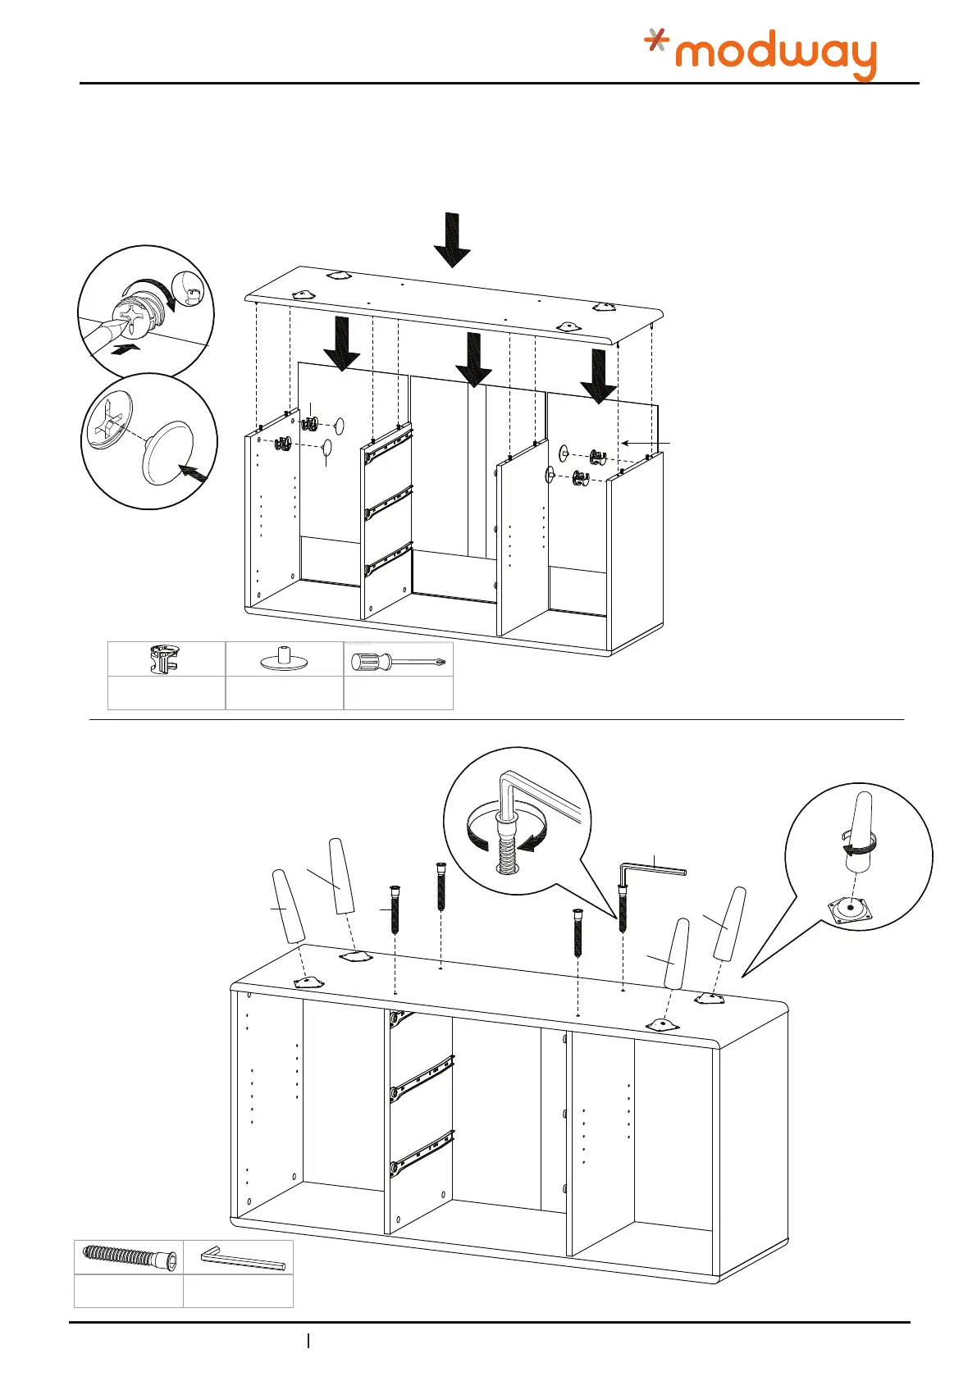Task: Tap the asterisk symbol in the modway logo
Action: click(655, 39)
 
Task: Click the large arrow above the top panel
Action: click(452, 239)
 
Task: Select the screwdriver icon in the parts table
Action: click(398, 660)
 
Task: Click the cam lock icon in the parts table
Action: click(165, 659)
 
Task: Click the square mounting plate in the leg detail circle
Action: click(852, 909)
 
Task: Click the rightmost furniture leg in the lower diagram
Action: click(729, 923)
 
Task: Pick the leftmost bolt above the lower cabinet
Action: click(395, 909)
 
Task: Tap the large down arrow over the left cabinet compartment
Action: click(341, 344)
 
